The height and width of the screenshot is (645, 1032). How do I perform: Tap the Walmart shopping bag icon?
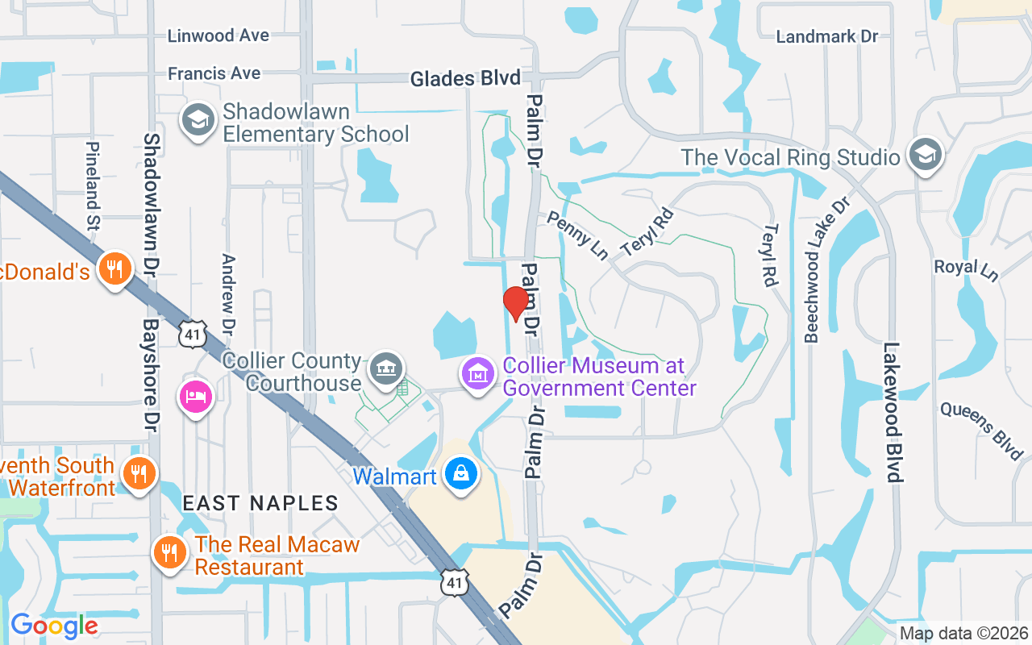[x=460, y=474]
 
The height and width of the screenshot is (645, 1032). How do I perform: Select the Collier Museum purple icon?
[x=479, y=374]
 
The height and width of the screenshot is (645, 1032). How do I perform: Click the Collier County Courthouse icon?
[x=386, y=369]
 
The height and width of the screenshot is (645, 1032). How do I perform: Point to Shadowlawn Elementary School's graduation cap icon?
[x=198, y=121]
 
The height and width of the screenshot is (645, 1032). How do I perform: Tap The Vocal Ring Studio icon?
[x=925, y=156]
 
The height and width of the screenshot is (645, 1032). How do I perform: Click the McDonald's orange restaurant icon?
[x=114, y=269]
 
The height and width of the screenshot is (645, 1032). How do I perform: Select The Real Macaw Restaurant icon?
[x=169, y=554]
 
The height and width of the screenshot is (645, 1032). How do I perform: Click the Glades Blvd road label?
[x=465, y=79]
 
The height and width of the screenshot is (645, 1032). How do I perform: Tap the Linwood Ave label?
[x=218, y=35]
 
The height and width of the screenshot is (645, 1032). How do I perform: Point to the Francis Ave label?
[x=214, y=73]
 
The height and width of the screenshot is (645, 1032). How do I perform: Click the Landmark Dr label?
[x=826, y=36]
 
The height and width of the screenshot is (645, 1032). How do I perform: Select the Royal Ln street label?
[x=966, y=269]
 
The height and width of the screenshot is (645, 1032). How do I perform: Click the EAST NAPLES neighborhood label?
[x=260, y=503]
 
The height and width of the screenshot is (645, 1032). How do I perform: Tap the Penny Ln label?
[x=577, y=235]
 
